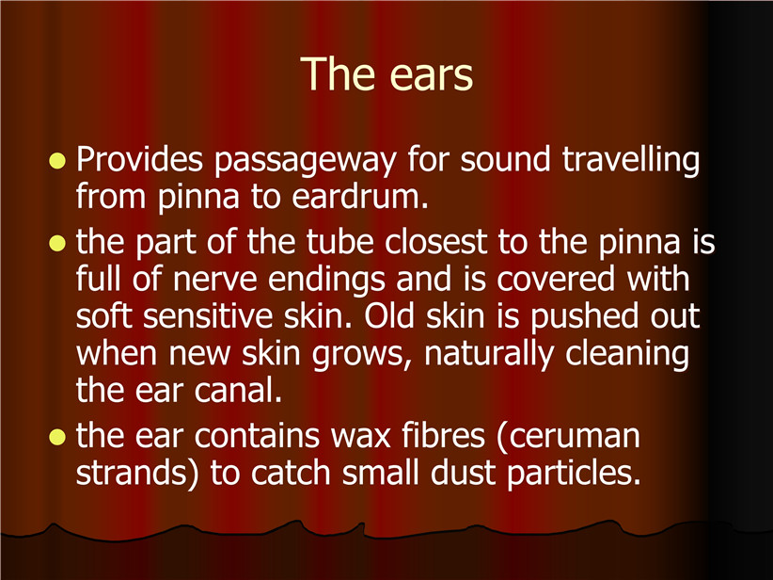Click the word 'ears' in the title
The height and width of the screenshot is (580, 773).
pos(431,74)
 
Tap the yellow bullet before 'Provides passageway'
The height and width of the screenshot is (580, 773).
pos(57,161)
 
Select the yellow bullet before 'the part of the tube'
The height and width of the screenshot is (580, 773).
pos(57,243)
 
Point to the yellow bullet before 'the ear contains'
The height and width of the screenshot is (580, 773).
pos(57,437)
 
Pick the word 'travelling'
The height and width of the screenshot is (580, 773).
pos(631,160)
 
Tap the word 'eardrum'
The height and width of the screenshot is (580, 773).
pos(360,197)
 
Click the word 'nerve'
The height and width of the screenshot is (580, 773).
pos(215,280)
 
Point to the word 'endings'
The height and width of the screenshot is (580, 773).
pos(326,281)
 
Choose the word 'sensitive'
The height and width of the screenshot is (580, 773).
pos(208,316)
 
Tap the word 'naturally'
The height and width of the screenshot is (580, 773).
pos(489,355)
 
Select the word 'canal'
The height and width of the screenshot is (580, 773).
pos(238,390)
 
